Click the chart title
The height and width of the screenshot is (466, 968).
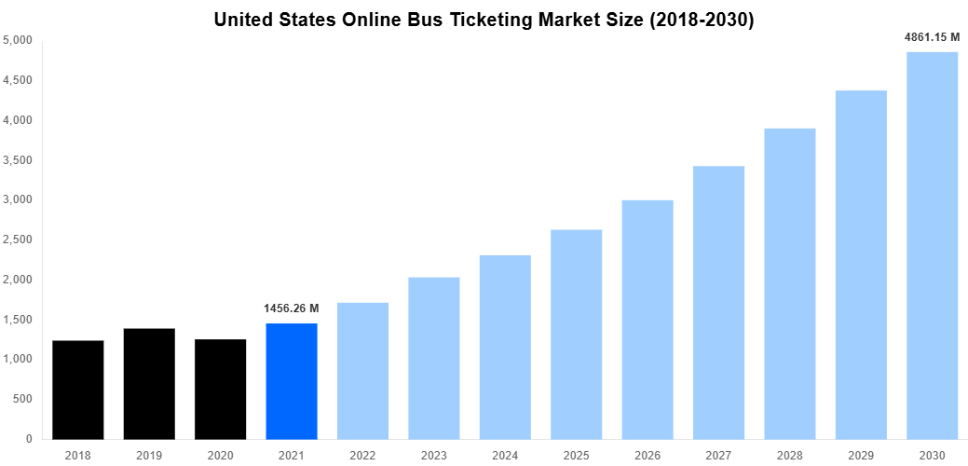[484, 20]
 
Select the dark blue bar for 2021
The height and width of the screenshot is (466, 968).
[292, 381]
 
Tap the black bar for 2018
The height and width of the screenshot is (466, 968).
[78, 390]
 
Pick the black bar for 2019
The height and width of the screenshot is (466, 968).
[149, 383]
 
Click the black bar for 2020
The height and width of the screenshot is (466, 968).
[221, 389]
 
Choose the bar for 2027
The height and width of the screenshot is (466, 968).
[718, 302]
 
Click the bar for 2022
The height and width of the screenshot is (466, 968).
[362, 370]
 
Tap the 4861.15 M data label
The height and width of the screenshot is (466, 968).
[932, 37]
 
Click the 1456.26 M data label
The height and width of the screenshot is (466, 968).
[292, 308]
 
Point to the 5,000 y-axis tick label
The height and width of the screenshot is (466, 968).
[18, 41]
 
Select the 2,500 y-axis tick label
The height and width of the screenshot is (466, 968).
[18, 240]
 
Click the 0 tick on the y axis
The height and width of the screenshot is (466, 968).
[29, 439]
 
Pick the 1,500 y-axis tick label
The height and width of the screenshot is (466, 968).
[18, 320]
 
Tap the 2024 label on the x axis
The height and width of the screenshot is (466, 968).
[505, 455]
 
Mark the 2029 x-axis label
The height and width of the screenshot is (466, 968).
[861, 455]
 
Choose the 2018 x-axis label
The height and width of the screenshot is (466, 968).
[78, 455]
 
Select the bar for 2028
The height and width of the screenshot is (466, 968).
[789, 283]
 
